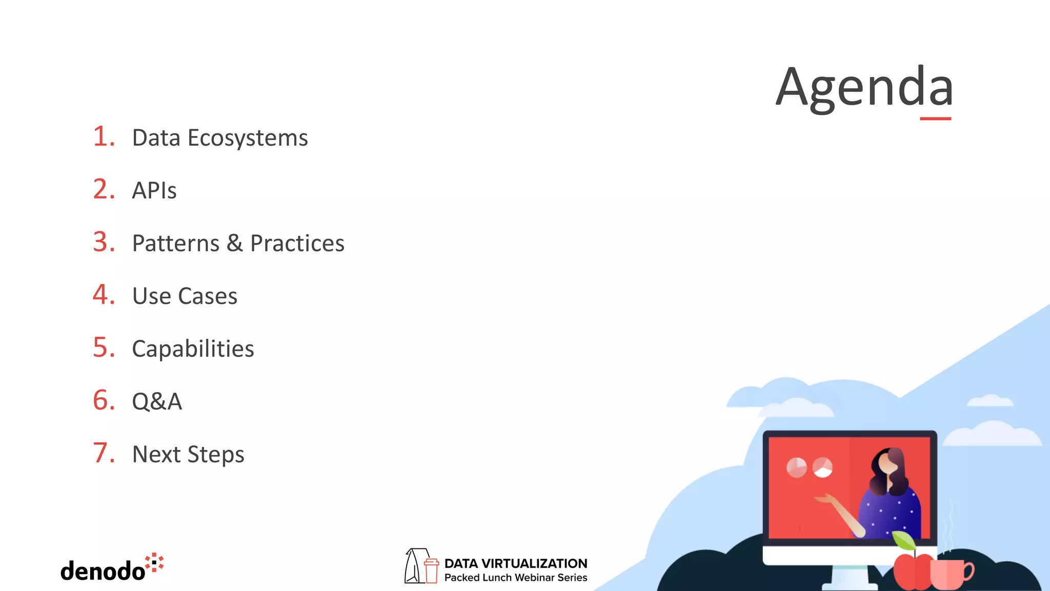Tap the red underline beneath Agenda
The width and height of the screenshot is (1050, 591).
click(935, 119)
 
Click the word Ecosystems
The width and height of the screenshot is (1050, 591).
click(248, 138)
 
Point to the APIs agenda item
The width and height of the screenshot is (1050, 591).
click(154, 191)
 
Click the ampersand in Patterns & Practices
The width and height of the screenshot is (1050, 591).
click(235, 243)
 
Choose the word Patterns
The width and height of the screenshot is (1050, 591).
click(176, 243)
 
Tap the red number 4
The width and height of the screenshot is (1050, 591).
click(104, 295)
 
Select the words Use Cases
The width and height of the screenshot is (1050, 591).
click(185, 296)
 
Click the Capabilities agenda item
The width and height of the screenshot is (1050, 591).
click(193, 349)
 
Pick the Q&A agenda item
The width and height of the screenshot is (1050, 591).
click(157, 402)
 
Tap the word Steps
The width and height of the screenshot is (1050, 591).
click(216, 455)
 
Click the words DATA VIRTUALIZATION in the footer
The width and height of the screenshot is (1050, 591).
click(516, 563)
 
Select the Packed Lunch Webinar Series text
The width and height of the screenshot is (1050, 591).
click(516, 578)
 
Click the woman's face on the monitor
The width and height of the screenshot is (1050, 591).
click(888, 464)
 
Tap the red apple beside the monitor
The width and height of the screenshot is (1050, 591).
click(912, 570)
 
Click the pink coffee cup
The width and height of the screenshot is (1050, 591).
click(948, 574)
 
